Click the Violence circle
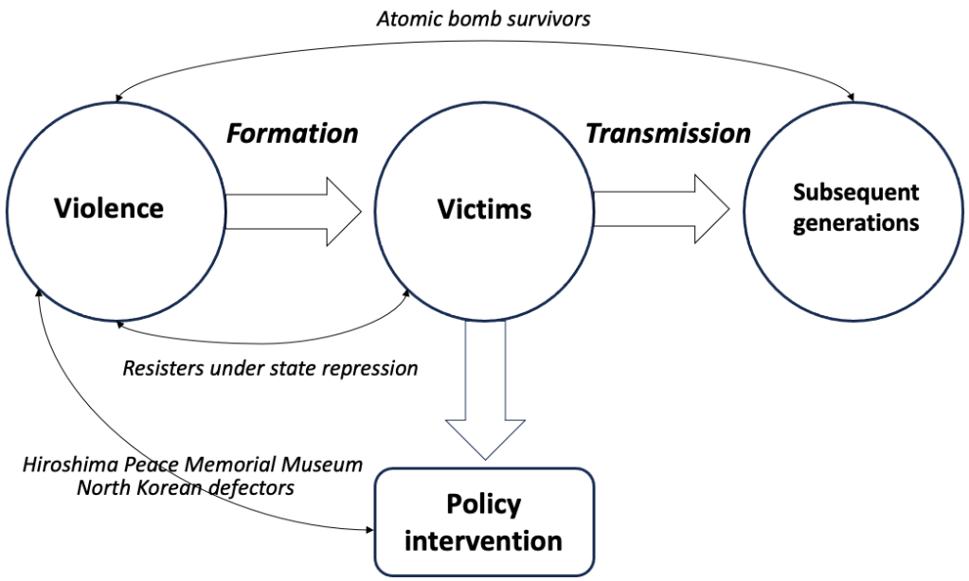click(109, 207)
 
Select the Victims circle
click(484, 207)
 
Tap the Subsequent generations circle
click(856, 207)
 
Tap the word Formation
click(292, 133)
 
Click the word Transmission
click(668, 133)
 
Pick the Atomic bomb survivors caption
click(483, 18)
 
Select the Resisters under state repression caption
click(270, 367)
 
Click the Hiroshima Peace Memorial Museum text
click(192, 465)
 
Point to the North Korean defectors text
click(185, 488)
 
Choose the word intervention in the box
click(483, 541)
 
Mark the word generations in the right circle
click(856, 223)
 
